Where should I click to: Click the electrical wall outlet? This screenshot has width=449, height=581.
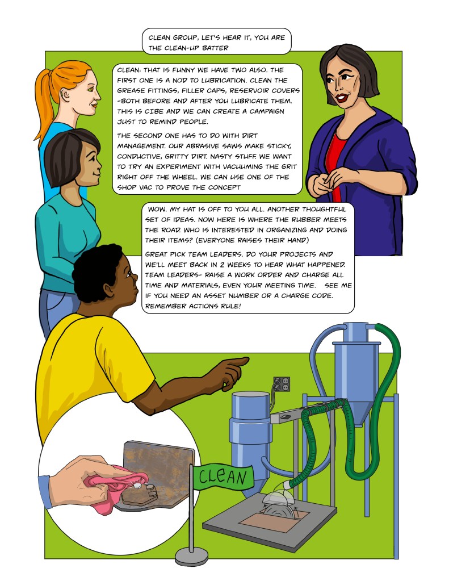coord(282,384)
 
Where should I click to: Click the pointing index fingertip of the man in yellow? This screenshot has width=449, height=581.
coord(246,360)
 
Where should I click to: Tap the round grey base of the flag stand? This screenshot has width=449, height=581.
coord(191,555)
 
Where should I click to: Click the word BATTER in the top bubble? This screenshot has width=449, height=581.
coord(216,48)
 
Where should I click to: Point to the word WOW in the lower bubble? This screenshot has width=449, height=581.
coord(157,209)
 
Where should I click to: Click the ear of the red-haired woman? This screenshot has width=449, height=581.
coord(66,94)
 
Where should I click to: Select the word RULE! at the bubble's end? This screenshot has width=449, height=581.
coord(230,306)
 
